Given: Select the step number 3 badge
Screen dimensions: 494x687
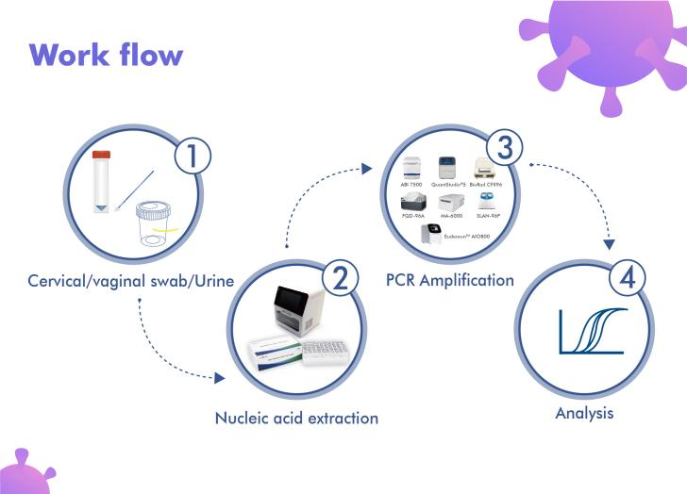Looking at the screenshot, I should point(504,148).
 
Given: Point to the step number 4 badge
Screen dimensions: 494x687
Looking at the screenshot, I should point(628,279).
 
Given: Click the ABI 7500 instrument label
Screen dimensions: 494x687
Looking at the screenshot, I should point(411,185).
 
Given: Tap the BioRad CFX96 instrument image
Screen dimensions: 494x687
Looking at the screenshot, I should point(485,168).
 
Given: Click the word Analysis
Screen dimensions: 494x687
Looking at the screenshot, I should point(585,412).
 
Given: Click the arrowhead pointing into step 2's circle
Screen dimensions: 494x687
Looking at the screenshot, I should point(220,378).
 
